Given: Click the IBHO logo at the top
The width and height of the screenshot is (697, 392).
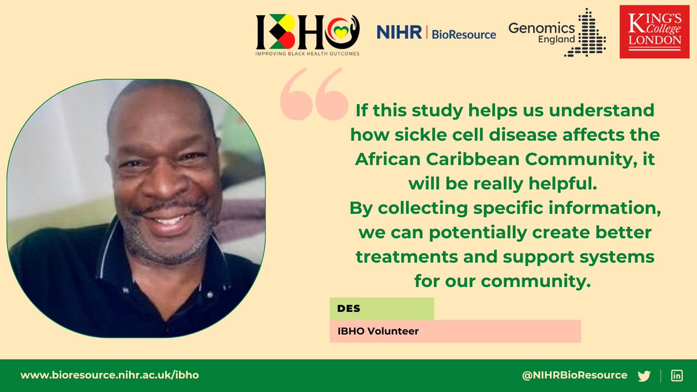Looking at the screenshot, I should coord(308,31).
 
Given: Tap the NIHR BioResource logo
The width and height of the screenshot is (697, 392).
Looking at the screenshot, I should coord(436,34).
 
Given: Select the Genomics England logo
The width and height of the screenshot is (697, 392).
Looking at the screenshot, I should coord(556,33).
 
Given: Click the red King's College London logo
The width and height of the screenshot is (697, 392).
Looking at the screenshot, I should coord(654,33).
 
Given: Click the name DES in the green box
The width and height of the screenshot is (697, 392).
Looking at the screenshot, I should coord(349,308).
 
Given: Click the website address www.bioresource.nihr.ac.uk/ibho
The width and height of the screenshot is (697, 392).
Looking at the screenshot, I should coord(110,375).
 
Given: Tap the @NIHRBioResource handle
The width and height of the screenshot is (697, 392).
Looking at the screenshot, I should coord(574,375).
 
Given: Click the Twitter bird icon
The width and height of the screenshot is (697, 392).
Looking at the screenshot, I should coord(644,376).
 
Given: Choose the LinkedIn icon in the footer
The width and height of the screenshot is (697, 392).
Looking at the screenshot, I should coord(677,376).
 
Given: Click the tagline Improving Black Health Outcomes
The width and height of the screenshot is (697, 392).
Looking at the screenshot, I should coord(308,53).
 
